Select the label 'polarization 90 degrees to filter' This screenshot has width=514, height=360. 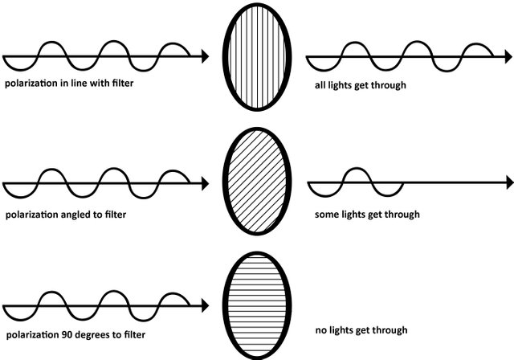coord(63,334)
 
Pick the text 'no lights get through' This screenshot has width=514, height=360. coord(362,329)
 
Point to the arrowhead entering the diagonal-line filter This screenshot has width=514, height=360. coord(206,184)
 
